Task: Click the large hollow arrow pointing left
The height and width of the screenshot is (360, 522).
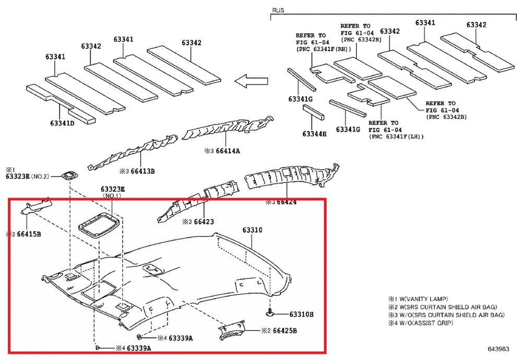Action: (251, 81)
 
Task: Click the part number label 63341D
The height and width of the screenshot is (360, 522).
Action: (62, 123)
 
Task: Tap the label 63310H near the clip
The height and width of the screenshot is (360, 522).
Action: (301, 314)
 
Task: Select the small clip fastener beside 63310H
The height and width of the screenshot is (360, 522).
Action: (269, 313)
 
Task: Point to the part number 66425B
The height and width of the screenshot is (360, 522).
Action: (285, 331)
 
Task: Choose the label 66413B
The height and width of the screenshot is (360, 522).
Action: (143, 171)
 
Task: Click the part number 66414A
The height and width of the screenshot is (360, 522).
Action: (228, 151)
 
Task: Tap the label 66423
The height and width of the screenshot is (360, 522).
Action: (204, 222)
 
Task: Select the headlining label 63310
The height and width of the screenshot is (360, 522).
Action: (252, 230)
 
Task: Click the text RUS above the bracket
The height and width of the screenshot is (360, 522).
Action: (278, 10)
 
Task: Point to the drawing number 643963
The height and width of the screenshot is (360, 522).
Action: (499, 349)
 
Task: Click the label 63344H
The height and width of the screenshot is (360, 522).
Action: (314, 134)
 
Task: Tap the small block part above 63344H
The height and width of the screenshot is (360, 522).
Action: (313, 112)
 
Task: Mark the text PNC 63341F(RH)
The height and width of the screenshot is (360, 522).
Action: (324, 49)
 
